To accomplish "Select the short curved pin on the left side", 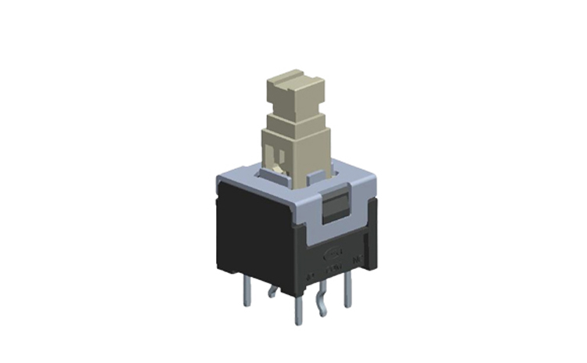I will (272, 293).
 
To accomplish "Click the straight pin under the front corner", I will (297, 309).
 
